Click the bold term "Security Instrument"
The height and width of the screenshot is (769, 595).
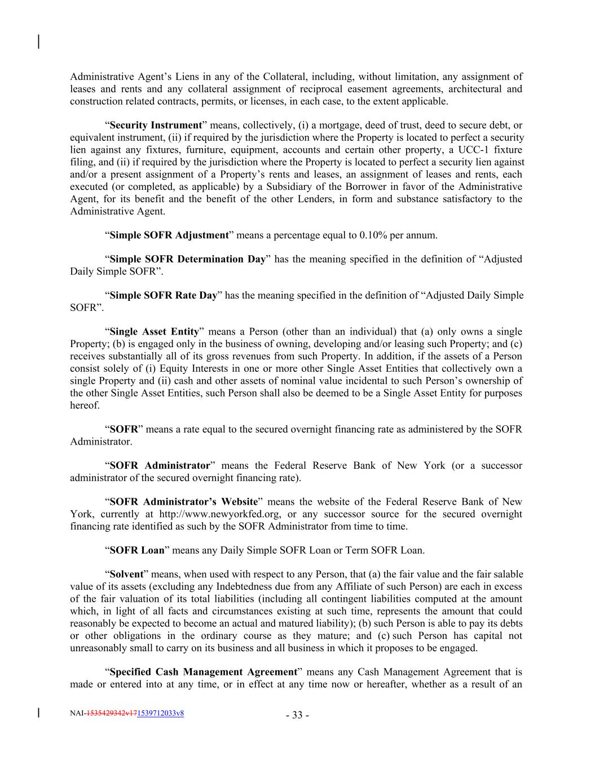pos(155,125)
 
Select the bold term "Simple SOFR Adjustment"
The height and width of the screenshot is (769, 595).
pos(169,235)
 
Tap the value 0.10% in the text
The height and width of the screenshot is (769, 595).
pos(373,235)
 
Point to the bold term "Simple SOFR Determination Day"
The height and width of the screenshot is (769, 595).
pos(187,259)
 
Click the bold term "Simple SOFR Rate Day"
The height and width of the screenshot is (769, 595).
pos(163,295)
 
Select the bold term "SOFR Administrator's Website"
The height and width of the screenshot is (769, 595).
pos(184,501)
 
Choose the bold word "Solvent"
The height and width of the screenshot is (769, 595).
pos(126,574)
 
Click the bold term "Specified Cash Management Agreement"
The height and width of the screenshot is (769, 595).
pos(203,672)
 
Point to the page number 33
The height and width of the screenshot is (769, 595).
pos(297,715)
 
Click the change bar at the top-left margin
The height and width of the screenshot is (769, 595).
pos(38,42)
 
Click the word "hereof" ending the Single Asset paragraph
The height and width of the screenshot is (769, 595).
pos(85,405)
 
